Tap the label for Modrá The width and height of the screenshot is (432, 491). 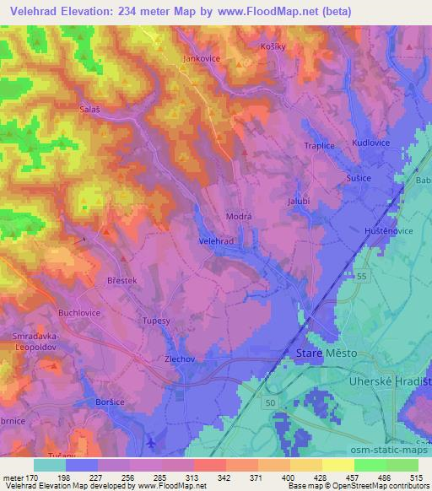coord(238,216)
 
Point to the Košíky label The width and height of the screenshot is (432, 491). coord(275,46)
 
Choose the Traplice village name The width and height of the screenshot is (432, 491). coord(320,145)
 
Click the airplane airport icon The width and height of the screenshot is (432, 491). coord(150,442)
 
